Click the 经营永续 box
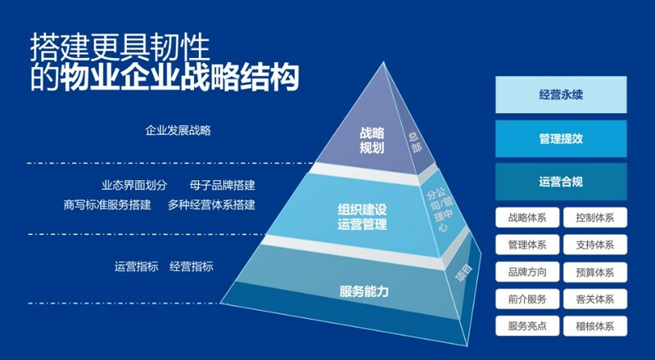(x=561, y=95)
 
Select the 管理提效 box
(x=561, y=138)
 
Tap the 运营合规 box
(x=561, y=182)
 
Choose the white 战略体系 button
(x=527, y=218)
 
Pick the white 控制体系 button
(x=595, y=218)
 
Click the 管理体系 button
(x=527, y=245)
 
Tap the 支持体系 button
(x=595, y=245)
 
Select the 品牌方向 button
(x=527, y=272)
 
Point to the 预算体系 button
(x=595, y=272)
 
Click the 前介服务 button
(x=527, y=299)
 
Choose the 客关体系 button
(x=595, y=299)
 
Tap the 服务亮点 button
(x=527, y=326)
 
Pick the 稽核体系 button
(x=595, y=326)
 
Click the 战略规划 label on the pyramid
(x=372, y=141)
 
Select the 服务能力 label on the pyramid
(x=364, y=291)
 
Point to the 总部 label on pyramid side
(x=415, y=142)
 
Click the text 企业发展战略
(x=178, y=130)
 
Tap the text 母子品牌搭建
(x=222, y=185)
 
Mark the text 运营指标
(x=136, y=267)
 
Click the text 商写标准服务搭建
(x=107, y=205)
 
